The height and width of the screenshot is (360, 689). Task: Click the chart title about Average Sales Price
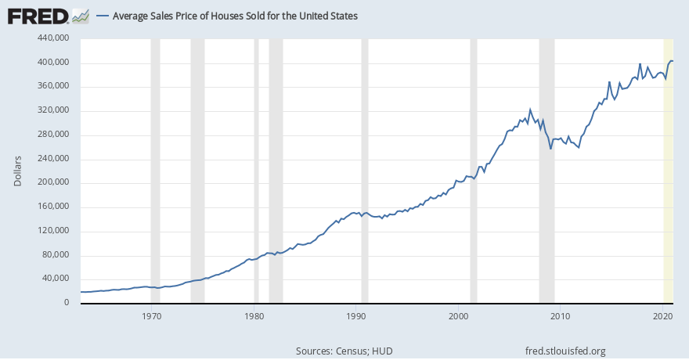[x=235, y=16]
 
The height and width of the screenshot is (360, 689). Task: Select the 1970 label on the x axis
[x=152, y=315]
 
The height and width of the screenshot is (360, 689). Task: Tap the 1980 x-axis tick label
[x=254, y=315]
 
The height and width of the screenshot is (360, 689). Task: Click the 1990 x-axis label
[x=356, y=315]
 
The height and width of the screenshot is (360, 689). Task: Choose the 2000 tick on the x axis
[x=459, y=315]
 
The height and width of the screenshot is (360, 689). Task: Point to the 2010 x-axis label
[x=561, y=315]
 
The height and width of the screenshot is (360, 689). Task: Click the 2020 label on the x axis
[x=663, y=315]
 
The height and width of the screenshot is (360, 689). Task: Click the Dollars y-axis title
[x=17, y=171]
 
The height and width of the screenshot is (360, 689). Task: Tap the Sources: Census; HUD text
[x=344, y=351]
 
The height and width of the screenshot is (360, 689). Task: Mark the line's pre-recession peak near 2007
[x=530, y=110]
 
